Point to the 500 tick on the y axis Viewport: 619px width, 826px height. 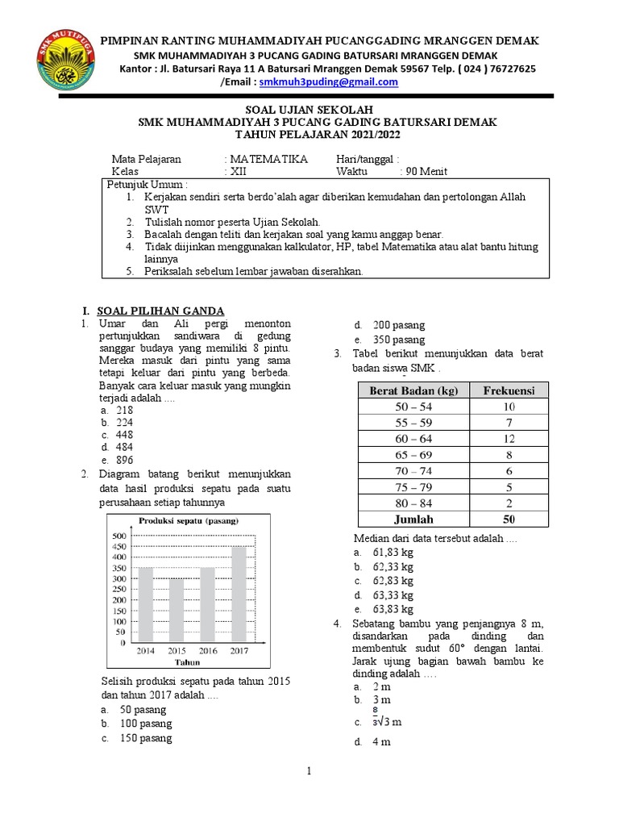(x=118, y=536)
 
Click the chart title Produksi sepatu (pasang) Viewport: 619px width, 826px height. (x=189, y=521)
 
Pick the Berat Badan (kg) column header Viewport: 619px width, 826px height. (x=413, y=390)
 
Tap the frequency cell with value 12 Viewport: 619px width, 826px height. (x=509, y=439)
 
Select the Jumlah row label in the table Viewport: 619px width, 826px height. (x=413, y=519)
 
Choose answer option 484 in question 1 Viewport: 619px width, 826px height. (x=125, y=446)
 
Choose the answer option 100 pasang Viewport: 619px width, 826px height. (x=143, y=724)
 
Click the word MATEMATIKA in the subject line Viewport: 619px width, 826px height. (x=269, y=159)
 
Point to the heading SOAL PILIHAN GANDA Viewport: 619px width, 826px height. (x=160, y=311)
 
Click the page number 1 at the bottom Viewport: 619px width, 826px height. (x=309, y=772)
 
